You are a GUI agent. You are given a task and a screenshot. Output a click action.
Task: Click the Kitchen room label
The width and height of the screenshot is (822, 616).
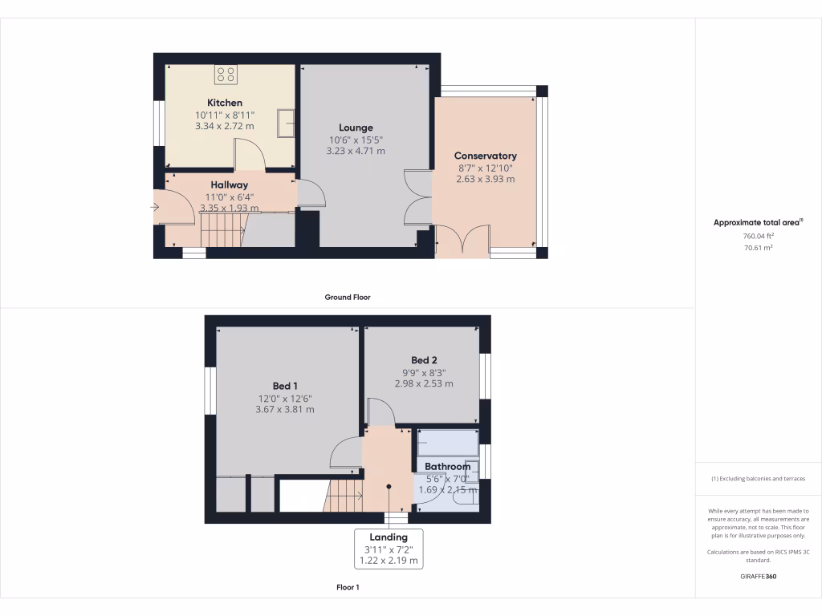pyautogui.click(x=225, y=103)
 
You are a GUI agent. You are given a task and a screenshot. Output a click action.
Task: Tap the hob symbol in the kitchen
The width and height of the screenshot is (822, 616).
pyautogui.click(x=226, y=75)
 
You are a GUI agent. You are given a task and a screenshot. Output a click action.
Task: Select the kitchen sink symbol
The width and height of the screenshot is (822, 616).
pyautogui.click(x=284, y=123)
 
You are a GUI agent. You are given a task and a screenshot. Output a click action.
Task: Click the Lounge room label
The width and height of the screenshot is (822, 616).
pyautogui.click(x=356, y=128)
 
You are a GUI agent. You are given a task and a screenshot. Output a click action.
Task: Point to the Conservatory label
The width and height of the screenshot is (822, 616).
pyautogui.click(x=485, y=156)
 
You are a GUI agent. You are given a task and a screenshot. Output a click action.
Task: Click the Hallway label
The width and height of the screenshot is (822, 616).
pyautogui.click(x=229, y=184)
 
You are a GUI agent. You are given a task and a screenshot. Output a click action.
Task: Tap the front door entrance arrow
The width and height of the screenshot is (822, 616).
pyautogui.click(x=154, y=208)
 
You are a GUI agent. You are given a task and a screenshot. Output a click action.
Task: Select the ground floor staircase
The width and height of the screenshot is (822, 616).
pyautogui.click(x=222, y=235)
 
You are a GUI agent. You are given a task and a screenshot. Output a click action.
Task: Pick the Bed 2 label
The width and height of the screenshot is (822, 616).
pyautogui.click(x=424, y=360)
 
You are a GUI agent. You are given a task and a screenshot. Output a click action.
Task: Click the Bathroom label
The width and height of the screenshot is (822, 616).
pyautogui.click(x=447, y=467)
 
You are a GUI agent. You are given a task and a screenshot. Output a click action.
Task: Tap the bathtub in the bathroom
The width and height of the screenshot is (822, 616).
pyautogui.click(x=447, y=444)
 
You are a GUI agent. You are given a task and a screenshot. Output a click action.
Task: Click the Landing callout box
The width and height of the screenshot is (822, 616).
pyautogui.click(x=389, y=549)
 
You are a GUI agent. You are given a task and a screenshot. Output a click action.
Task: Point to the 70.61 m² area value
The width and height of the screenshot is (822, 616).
pyautogui.click(x=747, y=249)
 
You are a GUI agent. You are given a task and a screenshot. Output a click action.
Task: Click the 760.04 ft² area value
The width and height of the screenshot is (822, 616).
pyautogui.click(x=747, y=237)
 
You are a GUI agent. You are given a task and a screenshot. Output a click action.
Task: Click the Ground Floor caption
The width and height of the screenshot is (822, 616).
pyautogui.click(x=347, y=297)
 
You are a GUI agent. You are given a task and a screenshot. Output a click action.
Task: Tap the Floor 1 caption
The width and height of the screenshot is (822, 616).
pyautogui.click(x=348, y=588)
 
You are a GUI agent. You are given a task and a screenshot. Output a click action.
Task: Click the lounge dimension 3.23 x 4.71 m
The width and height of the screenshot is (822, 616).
pyautogui.click(x=356, y=151)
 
